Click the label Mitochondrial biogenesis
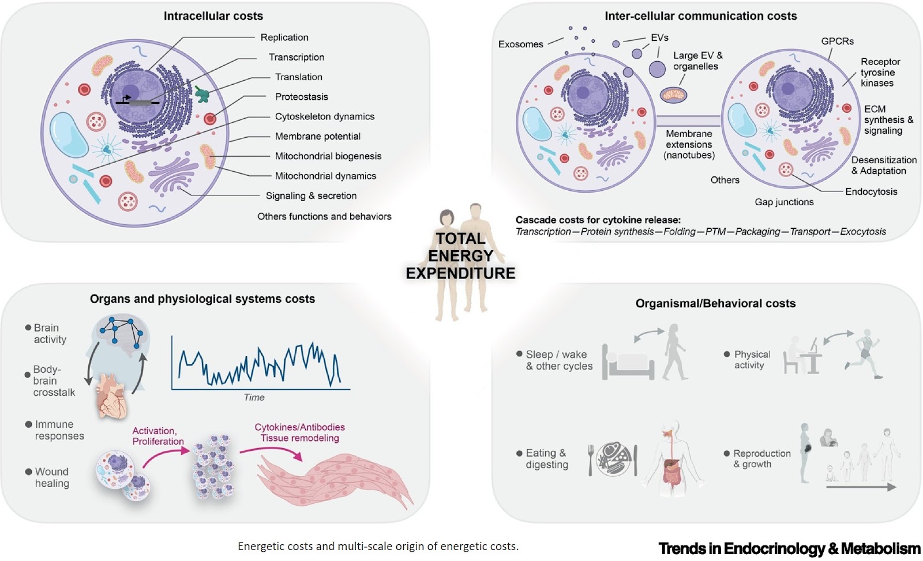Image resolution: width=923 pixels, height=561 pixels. [328, 156]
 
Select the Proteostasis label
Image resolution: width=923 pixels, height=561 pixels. [301, 97]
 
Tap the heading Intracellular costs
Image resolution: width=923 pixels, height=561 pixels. [213, 16]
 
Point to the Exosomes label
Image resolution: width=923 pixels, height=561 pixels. [520, 44]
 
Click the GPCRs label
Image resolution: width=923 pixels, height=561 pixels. [837, 42]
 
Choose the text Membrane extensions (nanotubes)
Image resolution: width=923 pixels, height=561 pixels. [689, 144]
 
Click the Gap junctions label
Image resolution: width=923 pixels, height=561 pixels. [784, 202]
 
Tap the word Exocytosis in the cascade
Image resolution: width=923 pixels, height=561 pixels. [862, 232]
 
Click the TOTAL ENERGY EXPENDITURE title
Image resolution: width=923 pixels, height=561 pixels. [460, 256]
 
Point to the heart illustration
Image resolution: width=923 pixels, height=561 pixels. [113, 396]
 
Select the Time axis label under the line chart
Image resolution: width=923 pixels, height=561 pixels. [254, 397]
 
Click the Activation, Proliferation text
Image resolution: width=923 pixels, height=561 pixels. [157, 436]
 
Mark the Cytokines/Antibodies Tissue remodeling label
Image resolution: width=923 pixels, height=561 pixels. [299, 432]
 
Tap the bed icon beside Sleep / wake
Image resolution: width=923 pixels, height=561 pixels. [628, 363]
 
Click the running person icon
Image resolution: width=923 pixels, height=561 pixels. [865, 354]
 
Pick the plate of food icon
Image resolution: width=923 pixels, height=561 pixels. [613, 460]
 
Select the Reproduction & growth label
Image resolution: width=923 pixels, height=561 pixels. [761, 459]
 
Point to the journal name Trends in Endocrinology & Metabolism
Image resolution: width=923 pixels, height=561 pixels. [789, 548]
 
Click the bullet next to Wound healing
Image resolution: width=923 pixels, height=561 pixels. [28, 472]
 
